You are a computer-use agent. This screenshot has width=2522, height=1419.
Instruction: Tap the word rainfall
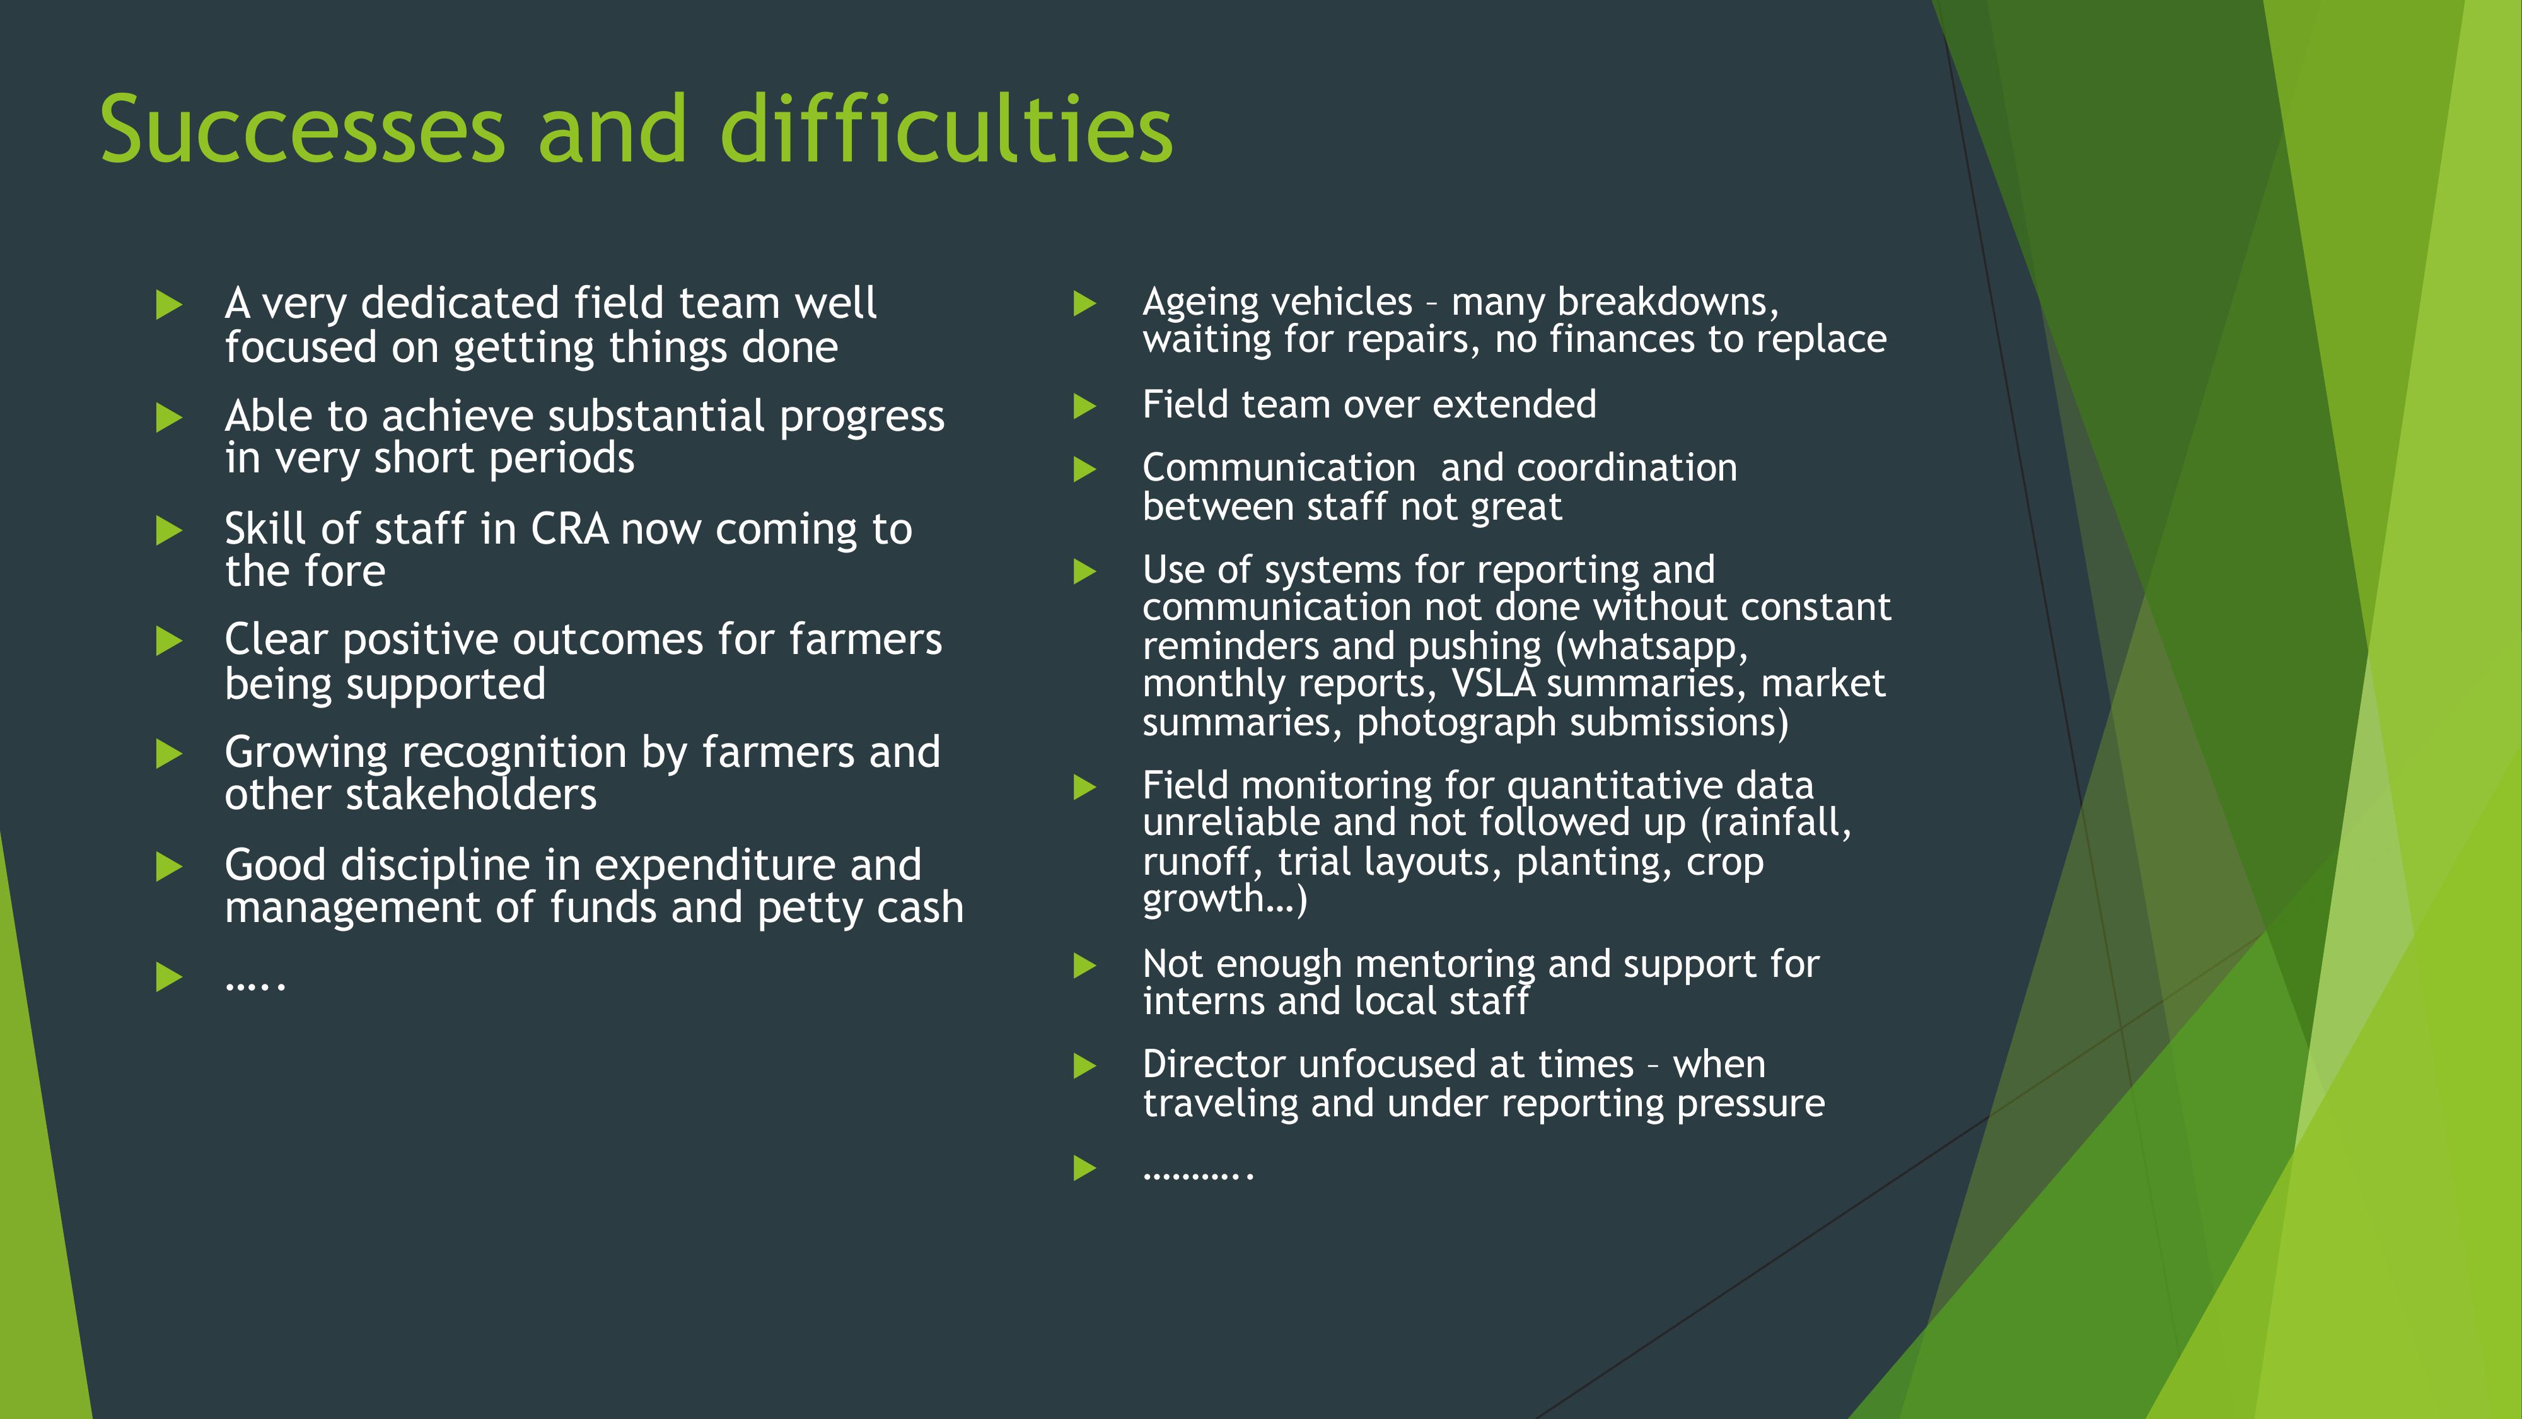tap(1776, 822)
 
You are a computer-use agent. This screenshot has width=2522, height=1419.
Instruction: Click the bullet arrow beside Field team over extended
tap(1084, 406)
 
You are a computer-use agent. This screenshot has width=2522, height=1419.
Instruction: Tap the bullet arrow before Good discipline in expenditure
tap(170, 867)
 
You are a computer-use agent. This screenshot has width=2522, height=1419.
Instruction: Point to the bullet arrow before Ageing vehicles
tap(1084, 303)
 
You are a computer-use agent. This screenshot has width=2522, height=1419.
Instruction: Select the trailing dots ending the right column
tap(1199, 1173)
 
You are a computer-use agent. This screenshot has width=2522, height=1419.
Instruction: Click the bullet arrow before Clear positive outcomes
tap(170, 641)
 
